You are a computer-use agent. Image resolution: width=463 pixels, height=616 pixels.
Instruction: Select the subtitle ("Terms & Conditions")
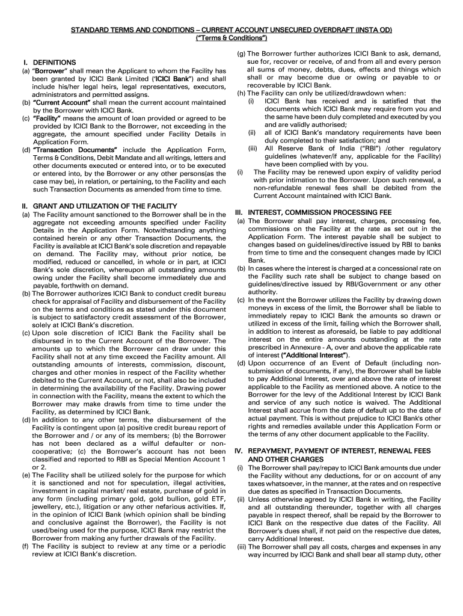pyautogui.click(x=231, y=38)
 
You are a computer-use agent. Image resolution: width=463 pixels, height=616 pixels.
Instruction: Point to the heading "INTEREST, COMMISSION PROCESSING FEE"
pyautogui.click(x=319, y=212)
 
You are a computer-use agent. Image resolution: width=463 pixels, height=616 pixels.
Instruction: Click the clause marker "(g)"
pyautogui.click(x=241, y=54)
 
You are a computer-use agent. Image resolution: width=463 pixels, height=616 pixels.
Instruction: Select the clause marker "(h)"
pyautogui.click(x=241, y=93)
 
